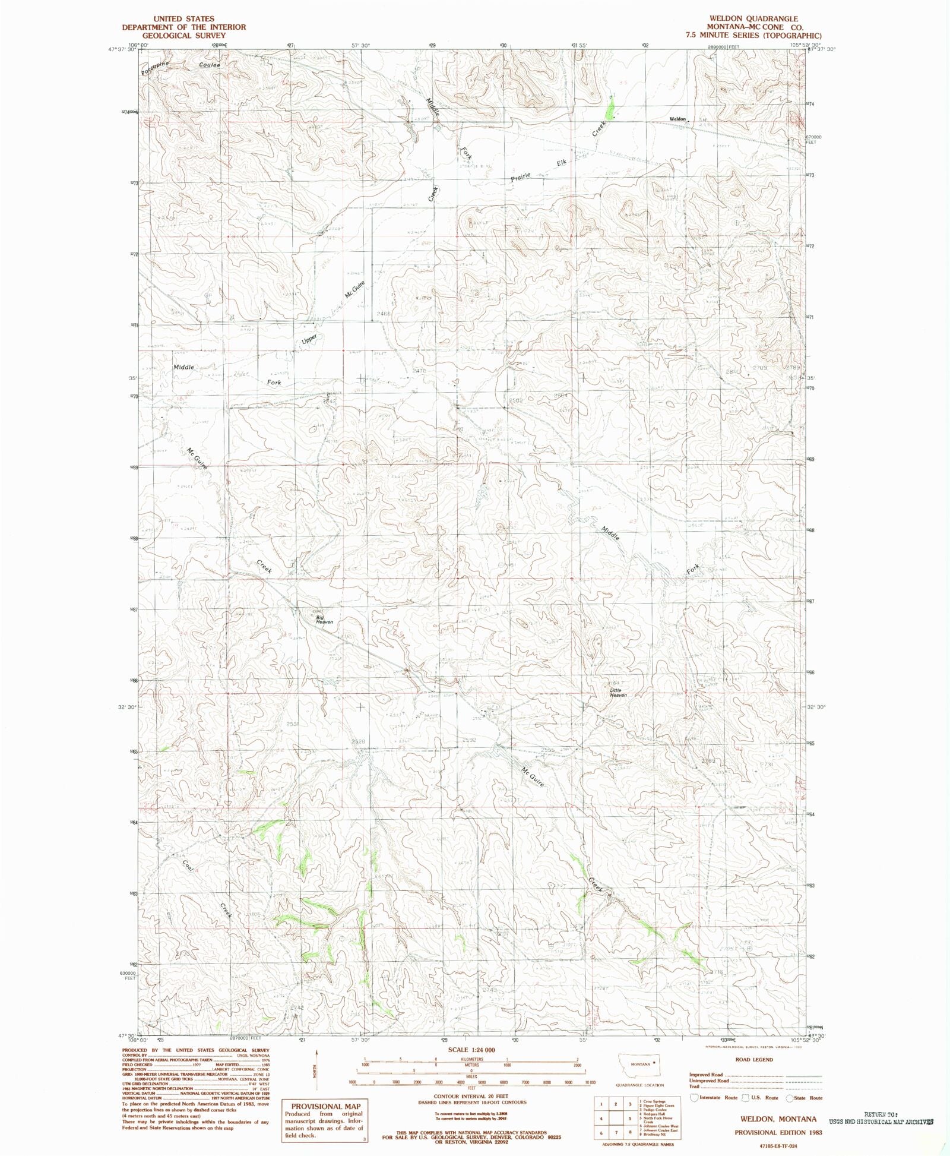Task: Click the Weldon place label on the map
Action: tap(677, 119)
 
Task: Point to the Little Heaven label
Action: tap(617, 693)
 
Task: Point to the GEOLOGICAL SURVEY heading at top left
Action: tap(183, 35)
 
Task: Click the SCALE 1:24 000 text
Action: tap(467, 1050)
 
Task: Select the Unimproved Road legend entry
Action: tap(709, 1081)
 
